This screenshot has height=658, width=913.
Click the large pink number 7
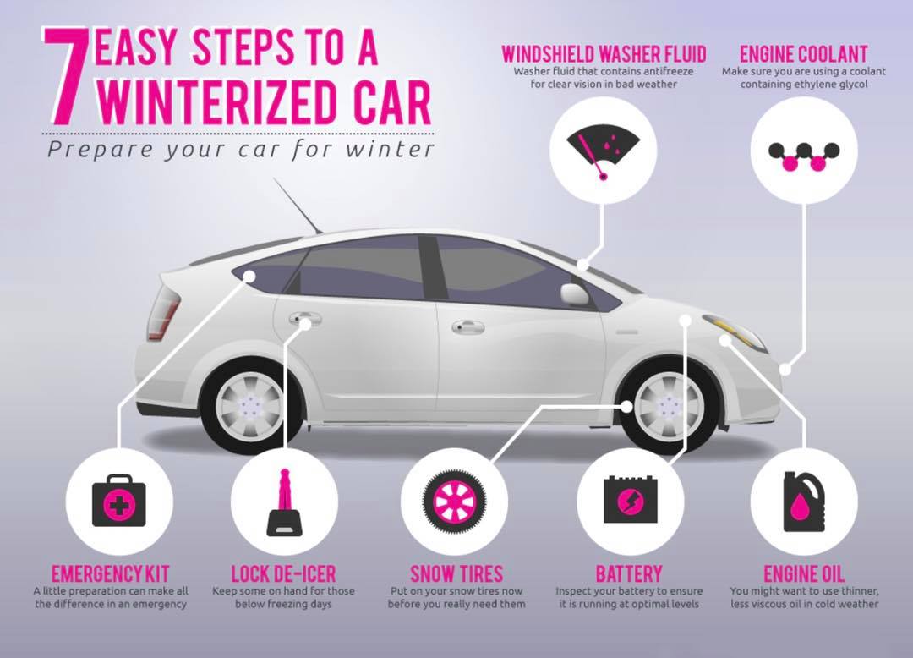coord(65,76)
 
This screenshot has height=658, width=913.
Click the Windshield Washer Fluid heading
coord(604,54)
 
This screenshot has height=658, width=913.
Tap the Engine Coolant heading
coord(804,54)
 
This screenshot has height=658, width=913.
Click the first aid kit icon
coord(119,500)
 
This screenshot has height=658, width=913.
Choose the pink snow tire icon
coord(454,501)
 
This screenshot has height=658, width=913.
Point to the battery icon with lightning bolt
coord(631,499)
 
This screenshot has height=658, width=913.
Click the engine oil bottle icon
coord(804,502)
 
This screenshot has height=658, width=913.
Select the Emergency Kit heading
coord(110,574)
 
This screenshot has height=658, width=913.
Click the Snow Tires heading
coord(456,574)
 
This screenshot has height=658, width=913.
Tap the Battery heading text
coord(629,574)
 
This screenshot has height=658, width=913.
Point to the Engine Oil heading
coord(804,574)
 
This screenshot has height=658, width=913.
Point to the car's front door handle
coord(468,326)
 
